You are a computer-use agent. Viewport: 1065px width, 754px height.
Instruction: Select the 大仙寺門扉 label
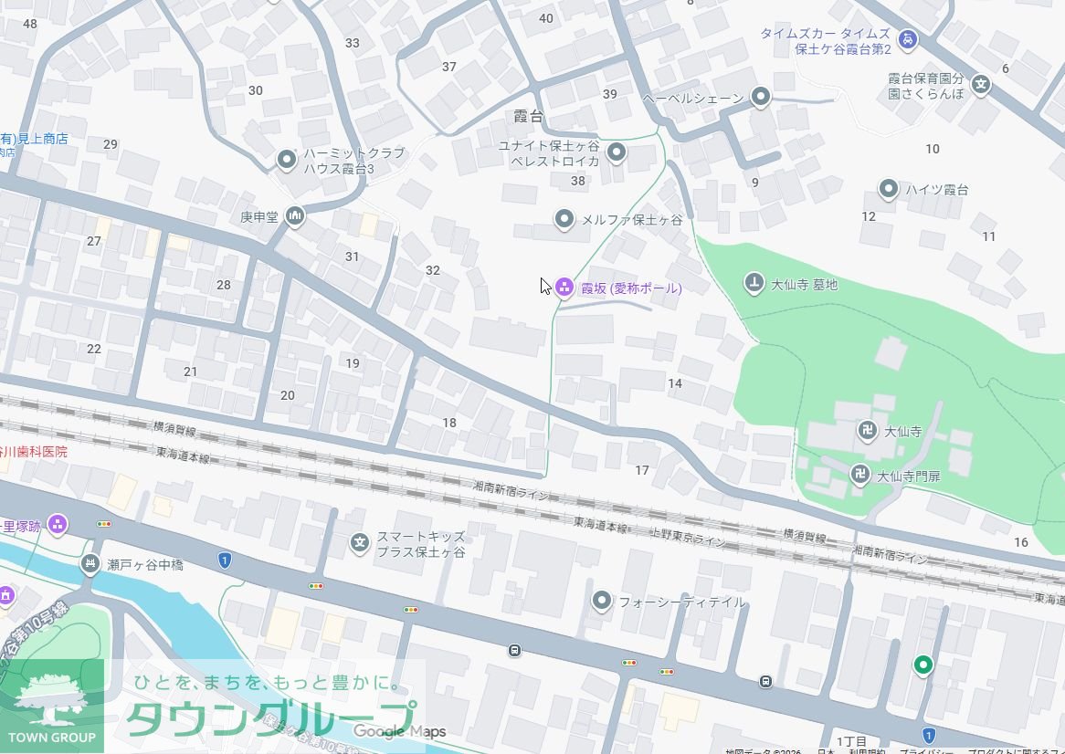coord(909,476)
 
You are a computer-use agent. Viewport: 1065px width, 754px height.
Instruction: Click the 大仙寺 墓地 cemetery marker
coord(754,284)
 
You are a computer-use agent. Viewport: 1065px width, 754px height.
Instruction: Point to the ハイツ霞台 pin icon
coord(888,189)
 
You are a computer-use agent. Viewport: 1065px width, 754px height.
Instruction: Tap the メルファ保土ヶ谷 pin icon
coord(564,219)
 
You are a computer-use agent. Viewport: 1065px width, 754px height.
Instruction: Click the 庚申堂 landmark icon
coord(294,216)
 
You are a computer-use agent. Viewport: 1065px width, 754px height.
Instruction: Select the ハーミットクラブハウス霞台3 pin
coord(286,161)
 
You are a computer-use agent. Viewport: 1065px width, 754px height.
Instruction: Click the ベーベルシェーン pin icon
coord(760,97)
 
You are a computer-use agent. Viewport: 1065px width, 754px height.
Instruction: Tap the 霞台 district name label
coord(528,117)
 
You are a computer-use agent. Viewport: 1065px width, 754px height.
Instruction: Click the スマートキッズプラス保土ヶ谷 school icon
coord(360,544)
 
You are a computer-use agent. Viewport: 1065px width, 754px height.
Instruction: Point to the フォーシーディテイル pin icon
coord(601,601)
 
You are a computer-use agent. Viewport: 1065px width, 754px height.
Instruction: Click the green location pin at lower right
coord(923,665)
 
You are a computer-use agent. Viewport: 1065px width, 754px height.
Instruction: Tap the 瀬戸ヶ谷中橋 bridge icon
coord(90,565)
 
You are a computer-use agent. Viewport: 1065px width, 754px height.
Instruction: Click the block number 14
coord(675,383)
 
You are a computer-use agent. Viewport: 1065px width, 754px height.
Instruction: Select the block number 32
coord(433,270)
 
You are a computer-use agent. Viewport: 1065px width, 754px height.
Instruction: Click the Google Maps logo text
coord(400,731)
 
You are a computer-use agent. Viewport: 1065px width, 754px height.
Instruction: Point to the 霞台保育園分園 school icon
coord(981,85)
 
